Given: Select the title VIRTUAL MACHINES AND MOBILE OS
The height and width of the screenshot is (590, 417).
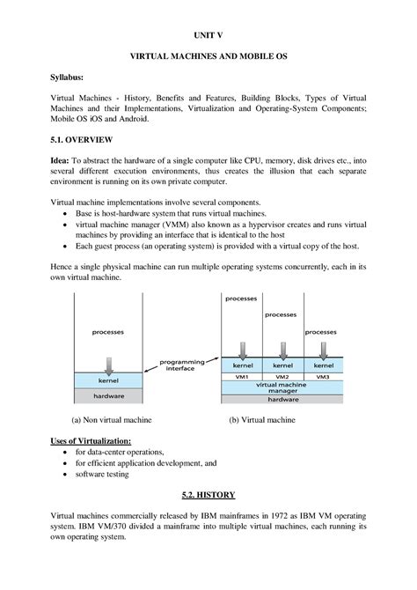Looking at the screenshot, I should [208, 55].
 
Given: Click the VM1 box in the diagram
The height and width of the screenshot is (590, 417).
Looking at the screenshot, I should [242, 375].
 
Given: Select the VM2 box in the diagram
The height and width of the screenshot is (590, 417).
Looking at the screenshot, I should [282, 375].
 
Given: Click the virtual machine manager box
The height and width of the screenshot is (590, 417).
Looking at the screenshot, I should [282, 387].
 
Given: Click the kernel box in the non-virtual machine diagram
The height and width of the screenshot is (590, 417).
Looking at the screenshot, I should [108, 380].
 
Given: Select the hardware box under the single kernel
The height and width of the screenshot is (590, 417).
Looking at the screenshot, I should [108, 396].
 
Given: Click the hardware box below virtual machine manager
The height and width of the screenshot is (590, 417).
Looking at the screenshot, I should [282, 399].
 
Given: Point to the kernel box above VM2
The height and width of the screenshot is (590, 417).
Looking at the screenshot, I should [282, 365].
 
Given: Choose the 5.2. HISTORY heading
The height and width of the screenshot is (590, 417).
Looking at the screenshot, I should [208, 496].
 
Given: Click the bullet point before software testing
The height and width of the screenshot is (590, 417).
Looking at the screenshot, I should [66, 474].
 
